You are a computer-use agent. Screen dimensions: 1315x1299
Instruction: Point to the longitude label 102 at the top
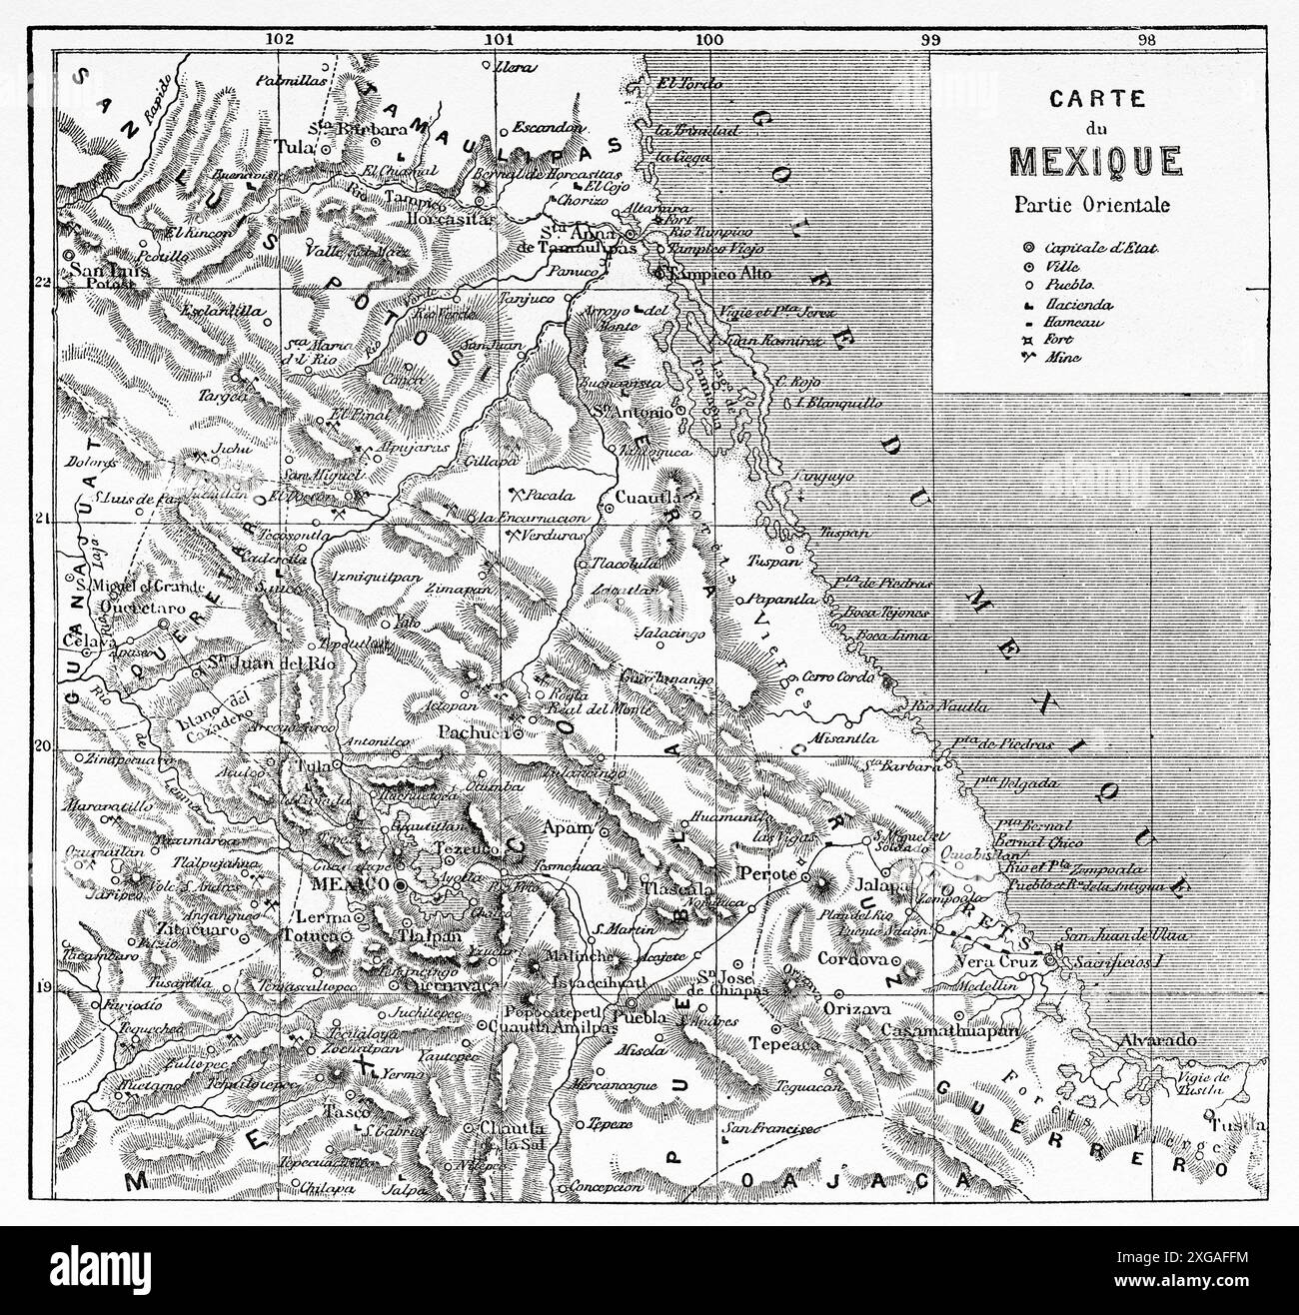[281, 40]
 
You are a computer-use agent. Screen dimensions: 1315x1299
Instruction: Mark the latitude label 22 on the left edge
[41, 283]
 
